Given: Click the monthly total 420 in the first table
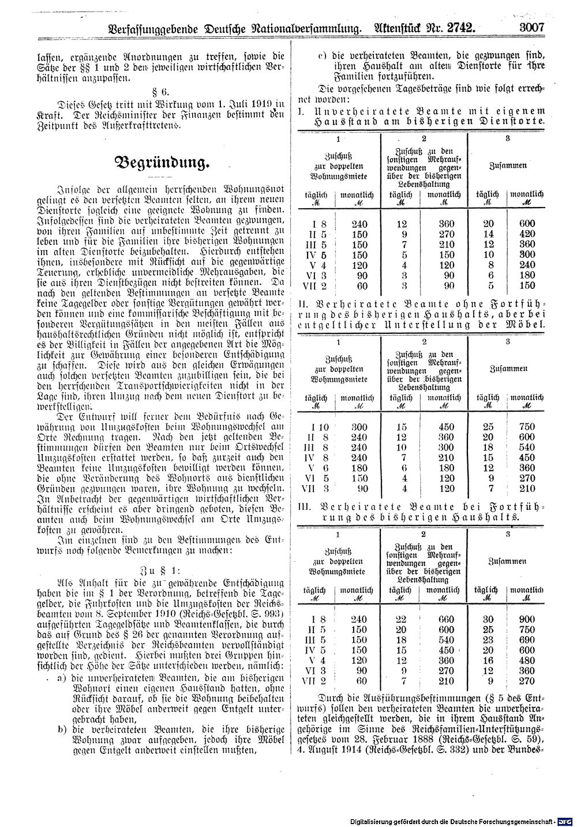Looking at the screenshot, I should point(527,234).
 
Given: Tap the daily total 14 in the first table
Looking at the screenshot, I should point(488,234).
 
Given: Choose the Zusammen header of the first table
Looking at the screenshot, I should point(508,166).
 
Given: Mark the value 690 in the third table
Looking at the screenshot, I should point(527,640).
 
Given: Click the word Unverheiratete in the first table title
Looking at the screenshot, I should point(351,110).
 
